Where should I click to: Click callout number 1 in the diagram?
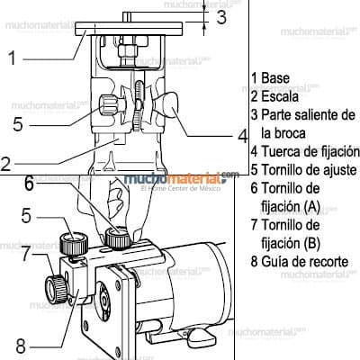[x=13, y=59]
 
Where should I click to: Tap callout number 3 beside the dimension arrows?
[x=220, y=16]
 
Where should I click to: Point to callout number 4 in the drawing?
[x=242, y=137]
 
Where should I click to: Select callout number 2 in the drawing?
[x=6, y=165]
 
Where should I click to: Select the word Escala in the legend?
[x=279, y=96]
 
